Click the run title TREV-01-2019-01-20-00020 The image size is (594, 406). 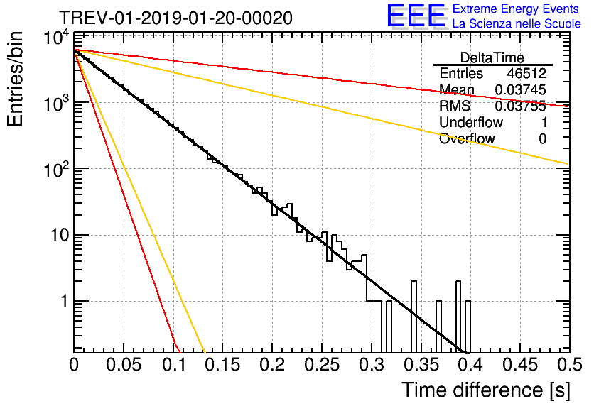(175, 18)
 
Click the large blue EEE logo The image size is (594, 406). (416, 17)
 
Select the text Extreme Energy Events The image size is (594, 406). (517, 9)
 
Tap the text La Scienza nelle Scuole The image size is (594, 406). (517, 23)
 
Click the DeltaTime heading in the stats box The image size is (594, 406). (492, 57)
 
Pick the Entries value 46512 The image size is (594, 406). (526, 74)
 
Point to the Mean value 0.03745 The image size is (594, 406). (520, 90)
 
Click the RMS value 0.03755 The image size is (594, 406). (520, 106)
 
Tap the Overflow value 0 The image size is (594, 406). (542, 139)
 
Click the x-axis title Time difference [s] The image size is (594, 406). (485, 390)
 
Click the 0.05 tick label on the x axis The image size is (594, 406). (124, 366)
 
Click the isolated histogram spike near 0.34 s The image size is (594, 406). (413, 316)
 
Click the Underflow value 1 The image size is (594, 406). (543, 123)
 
